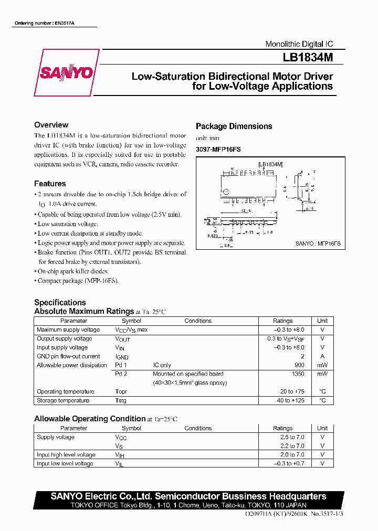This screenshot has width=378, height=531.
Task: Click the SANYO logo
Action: (66, 73)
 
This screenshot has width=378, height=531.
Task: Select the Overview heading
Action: (51, 125)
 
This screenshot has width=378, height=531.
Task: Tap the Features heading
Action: (50, 184)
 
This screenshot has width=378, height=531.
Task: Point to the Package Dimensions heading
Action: (234, 126)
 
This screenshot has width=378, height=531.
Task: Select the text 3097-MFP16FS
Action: (218, 150)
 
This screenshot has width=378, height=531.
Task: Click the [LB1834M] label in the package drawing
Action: (270, 164)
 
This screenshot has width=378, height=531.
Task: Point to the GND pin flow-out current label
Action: (68, 356)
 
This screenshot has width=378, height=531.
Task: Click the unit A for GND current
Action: (322, 356)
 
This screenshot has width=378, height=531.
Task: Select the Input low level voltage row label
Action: (65, 463)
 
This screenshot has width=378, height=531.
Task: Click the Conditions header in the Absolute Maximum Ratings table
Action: (198, 321)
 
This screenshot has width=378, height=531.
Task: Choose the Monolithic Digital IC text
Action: (299, 44)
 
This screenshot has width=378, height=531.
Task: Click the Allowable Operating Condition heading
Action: (90, 418)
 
